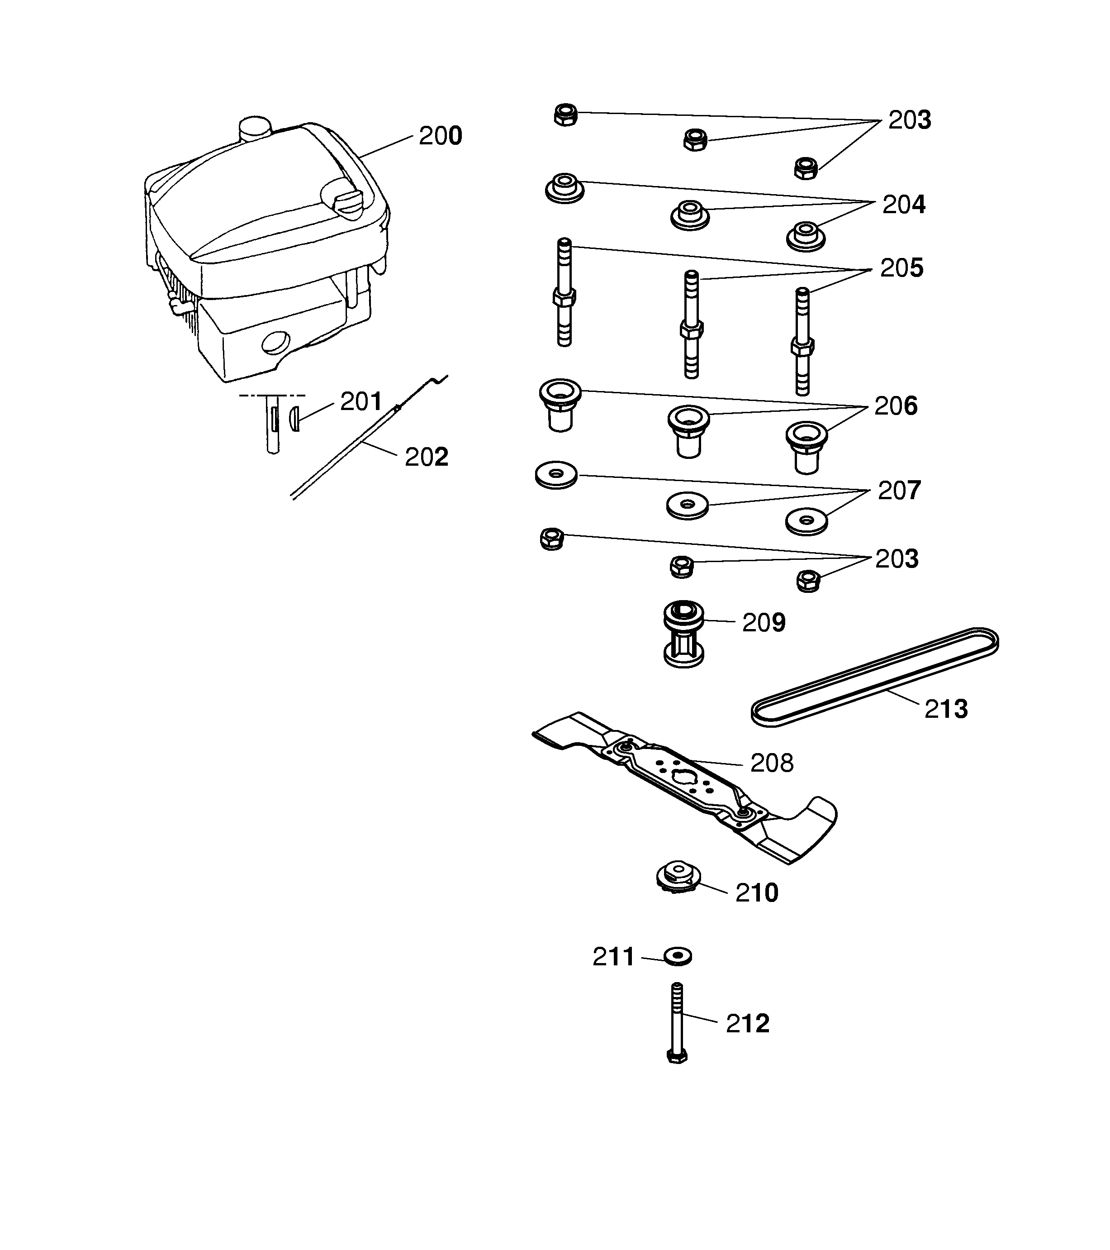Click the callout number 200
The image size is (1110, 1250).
tap(440, 136)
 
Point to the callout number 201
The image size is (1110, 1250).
tap(361, 402)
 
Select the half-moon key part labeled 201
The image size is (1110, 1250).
tap(294, 419)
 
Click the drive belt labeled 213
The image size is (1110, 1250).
tap(875, 677)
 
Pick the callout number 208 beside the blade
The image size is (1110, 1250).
tap(771, 763)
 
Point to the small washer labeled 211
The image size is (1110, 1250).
tap(677, 956)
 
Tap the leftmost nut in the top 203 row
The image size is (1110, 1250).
tap(565, 115)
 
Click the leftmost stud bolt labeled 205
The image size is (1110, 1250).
tap(564, 294)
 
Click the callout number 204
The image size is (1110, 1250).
tap(903, 205)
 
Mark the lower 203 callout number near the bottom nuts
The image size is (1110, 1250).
tap(897, 559)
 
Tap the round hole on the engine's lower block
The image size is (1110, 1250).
tap(275, 343)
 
